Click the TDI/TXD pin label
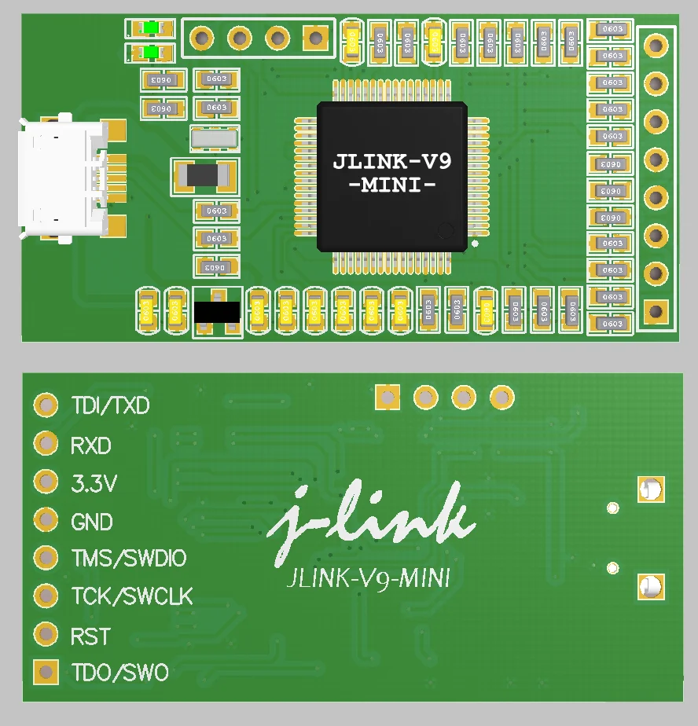pos(110,406)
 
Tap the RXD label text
pos(91,446)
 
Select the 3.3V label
pos(94,484)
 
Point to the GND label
pos(92,522)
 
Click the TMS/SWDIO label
pos(129,559)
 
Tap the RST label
pos(90,636)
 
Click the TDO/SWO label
pos(120,673)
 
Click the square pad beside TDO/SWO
pos(46,673)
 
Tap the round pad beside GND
pos(46,519)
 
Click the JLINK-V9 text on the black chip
pos(391,162)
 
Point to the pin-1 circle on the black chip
pos(446,231)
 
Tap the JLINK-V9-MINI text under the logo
pos(369,579)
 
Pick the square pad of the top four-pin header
pos(315,37)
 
